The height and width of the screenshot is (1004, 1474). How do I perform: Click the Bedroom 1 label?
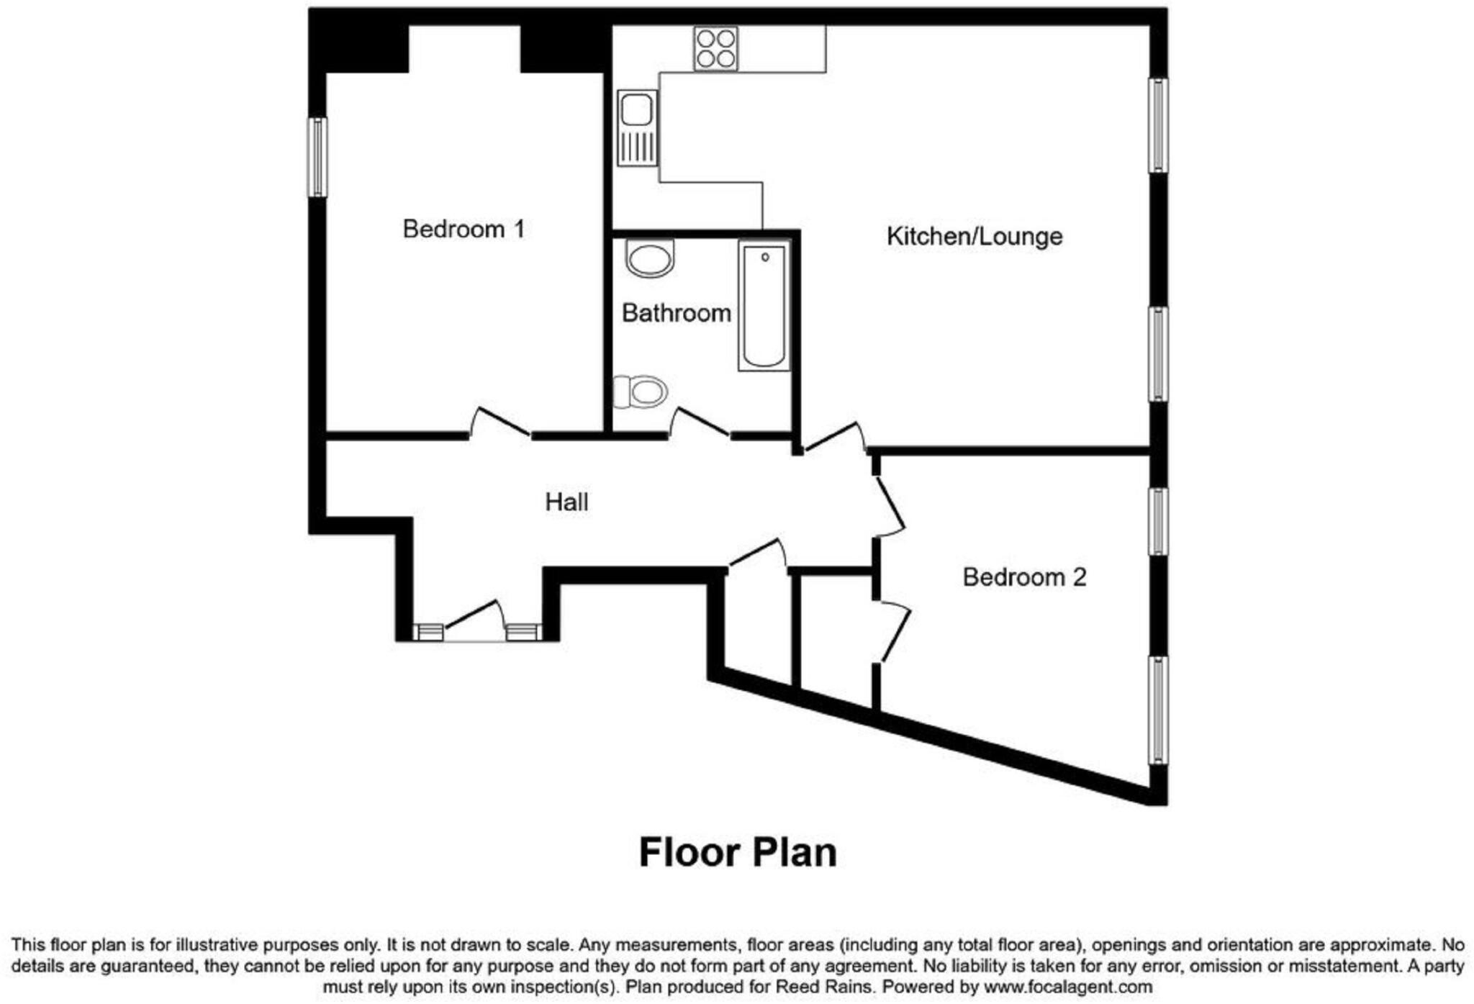pos(463,229)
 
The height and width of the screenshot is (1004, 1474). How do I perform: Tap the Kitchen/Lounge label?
pos(974,236)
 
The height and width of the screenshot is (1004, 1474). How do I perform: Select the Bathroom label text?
pos(676,313)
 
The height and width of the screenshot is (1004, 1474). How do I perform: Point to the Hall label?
pos(566,502)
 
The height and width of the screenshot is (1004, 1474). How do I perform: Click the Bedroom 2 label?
pos(1023,576)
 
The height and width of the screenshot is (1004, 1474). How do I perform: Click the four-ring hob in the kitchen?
pos(715,49)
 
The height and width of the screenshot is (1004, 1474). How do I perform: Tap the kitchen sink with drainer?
pos(637,127)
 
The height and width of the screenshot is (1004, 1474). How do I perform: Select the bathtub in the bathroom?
pos(764,306)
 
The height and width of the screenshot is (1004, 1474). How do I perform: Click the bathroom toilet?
pos(641,392)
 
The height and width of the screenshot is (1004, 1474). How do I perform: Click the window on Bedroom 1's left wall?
pos(317,157)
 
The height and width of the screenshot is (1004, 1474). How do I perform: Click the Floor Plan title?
pos(738,852)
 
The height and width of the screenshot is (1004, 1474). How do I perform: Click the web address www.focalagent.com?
pos(1068,986)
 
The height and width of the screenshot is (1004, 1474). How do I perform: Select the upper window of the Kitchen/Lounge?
pos(1157,125)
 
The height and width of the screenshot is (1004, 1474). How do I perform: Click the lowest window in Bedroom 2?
pos(1157,710)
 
